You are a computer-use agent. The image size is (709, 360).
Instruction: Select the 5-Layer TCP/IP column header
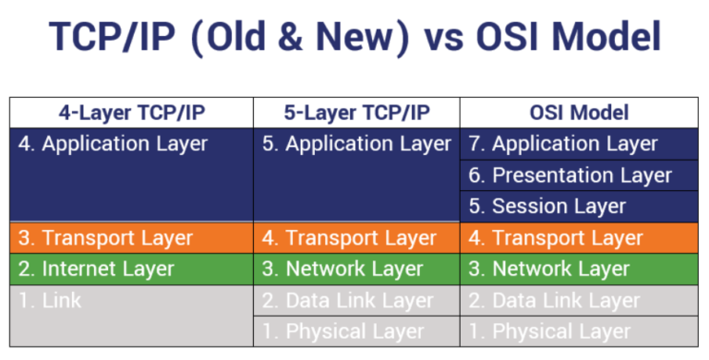[356, 113]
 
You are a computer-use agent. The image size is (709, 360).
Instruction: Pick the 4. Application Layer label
[113, 144]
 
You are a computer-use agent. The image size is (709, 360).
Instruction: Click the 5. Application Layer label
[356, 144]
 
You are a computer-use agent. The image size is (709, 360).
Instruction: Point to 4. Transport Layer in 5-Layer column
[349, 238]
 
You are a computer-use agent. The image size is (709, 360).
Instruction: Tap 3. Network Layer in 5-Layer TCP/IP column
[342, 270]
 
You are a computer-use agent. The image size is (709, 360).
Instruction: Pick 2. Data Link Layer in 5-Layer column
[347, 301]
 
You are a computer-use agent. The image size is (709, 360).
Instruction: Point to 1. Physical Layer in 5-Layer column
[342, 331]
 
